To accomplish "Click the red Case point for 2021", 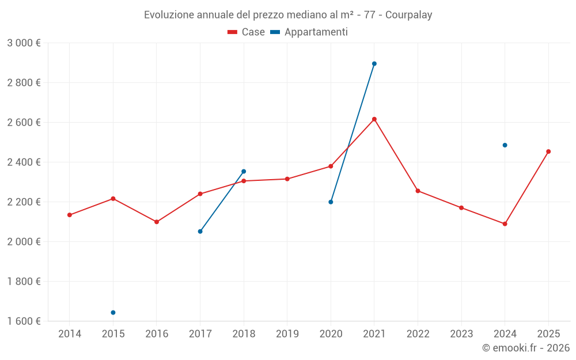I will pos(374,119).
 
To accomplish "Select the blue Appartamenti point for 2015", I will pos(113,313).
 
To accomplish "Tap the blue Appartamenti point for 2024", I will pos(505,145).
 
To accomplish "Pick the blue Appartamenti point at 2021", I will pos(374,64).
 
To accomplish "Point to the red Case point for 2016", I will pos(157,222).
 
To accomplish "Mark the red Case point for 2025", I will pos(548,151).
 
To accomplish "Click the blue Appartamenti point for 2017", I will pos(200,232).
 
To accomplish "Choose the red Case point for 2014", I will pos(70,215).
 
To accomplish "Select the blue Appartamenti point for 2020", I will pos(331,202).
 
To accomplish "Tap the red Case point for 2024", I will pos(505,224).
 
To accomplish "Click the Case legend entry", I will pos(247,32).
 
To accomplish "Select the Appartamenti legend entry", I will pos(309,32).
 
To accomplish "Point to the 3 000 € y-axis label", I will pos(24,43).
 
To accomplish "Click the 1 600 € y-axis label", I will pos(24,321).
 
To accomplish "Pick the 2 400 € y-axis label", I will pos(24,162).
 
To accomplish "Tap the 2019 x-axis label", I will pos(287,334).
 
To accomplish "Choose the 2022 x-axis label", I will pos(418,334).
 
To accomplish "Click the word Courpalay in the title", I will pos(408,15).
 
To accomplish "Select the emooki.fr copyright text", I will pos(526,348).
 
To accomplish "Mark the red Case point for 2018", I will pos(244,181).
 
